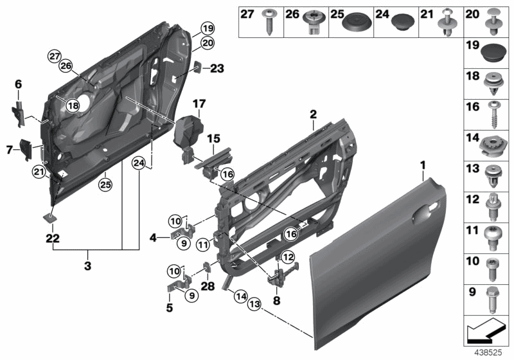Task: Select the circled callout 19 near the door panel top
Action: pyautogui.click(x=206, y=28)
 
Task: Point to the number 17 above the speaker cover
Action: pyautogui.click(x=198, y=103)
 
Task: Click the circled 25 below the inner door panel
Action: pyautogui.click(x=103, y=184)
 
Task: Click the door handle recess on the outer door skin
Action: pyautogui.click(x=425, y=212)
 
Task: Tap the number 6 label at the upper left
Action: pyautogui.click(x=18, y=84)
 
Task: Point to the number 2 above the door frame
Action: pyautogui.click(x=312, y=114)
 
